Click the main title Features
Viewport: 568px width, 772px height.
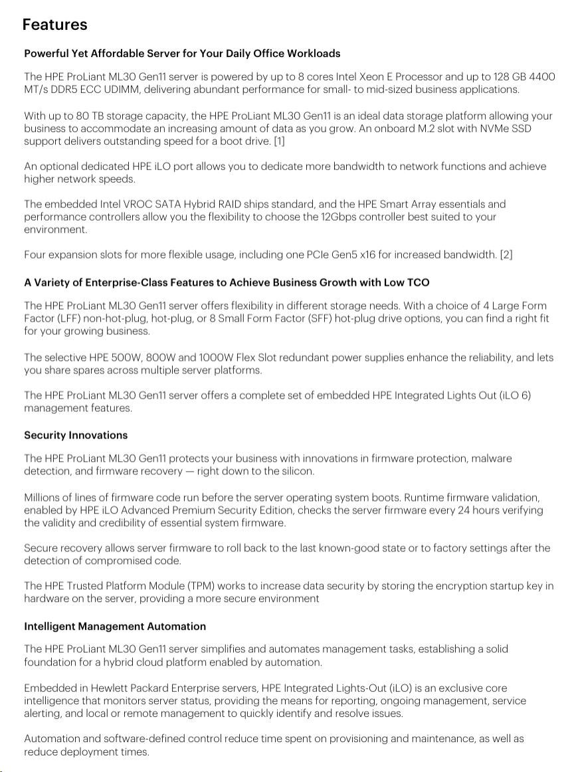tap(54, 25)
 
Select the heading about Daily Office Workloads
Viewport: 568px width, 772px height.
tap(182, 53)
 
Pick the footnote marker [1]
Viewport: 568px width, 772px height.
tap(279, 141)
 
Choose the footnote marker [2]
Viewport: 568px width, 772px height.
tap(506, 255)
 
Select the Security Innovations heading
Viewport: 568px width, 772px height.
tap(76, 435)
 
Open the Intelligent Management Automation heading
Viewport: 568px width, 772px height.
tap(115, 627)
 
